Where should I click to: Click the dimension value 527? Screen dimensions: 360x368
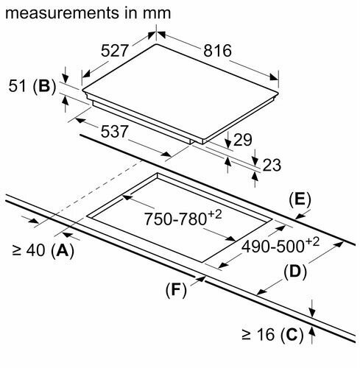point(114,51)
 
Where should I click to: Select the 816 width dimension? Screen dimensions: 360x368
point(217,51)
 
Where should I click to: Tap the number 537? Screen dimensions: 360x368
point(114,131)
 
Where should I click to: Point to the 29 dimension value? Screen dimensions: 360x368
point(243,140)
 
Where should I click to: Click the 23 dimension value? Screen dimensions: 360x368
point(272,165)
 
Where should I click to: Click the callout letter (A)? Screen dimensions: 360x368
point(63,250)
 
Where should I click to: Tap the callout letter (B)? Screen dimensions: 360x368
point(45,86)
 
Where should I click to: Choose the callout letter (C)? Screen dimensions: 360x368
point(292,334)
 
